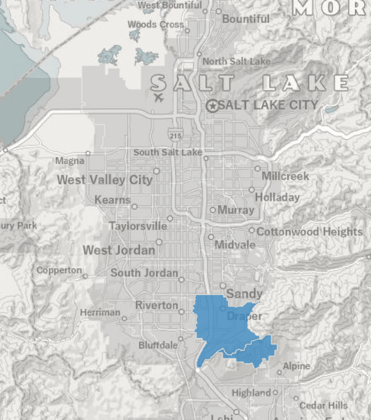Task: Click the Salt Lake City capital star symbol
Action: point(213,106)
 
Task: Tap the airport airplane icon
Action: point(159,98)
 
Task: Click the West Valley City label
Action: point(104,180)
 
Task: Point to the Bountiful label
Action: point(245,19)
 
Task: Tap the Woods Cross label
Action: point(155,25)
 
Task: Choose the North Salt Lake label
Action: point(236,61)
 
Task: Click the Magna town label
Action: point(69,161)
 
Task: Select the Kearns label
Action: point(112,200)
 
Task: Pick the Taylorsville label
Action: point(137,226)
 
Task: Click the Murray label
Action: point(236,210)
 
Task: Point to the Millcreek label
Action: point(285,176)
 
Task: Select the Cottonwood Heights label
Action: point(309,232)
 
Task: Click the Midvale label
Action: point(234,245)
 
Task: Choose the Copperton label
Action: point(59,271)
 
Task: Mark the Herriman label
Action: point(100,313)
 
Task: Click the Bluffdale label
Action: point(158,345)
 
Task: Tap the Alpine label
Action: point(296,366)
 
